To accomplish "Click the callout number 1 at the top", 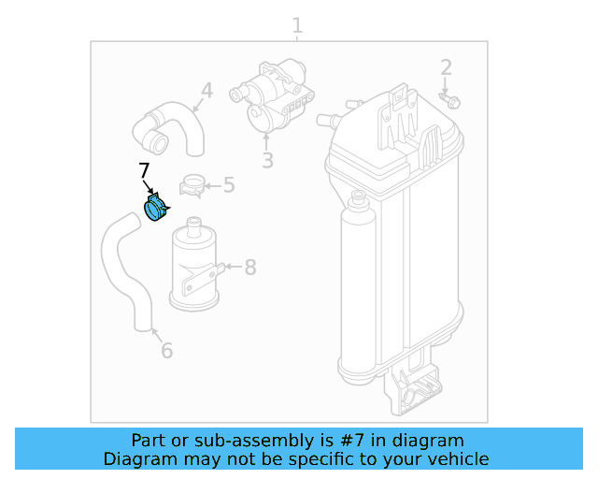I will [297, 25].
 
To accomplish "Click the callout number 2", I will [446, 67].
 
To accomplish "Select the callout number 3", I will [267, 161].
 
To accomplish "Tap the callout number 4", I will [206, 91].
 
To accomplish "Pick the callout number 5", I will [228, 185].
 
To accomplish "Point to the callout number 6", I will [166, 351].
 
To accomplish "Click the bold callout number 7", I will [143, 171].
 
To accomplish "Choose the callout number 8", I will [249, 268].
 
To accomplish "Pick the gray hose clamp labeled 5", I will [193, 185].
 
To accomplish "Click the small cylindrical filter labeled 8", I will [194, 267].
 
